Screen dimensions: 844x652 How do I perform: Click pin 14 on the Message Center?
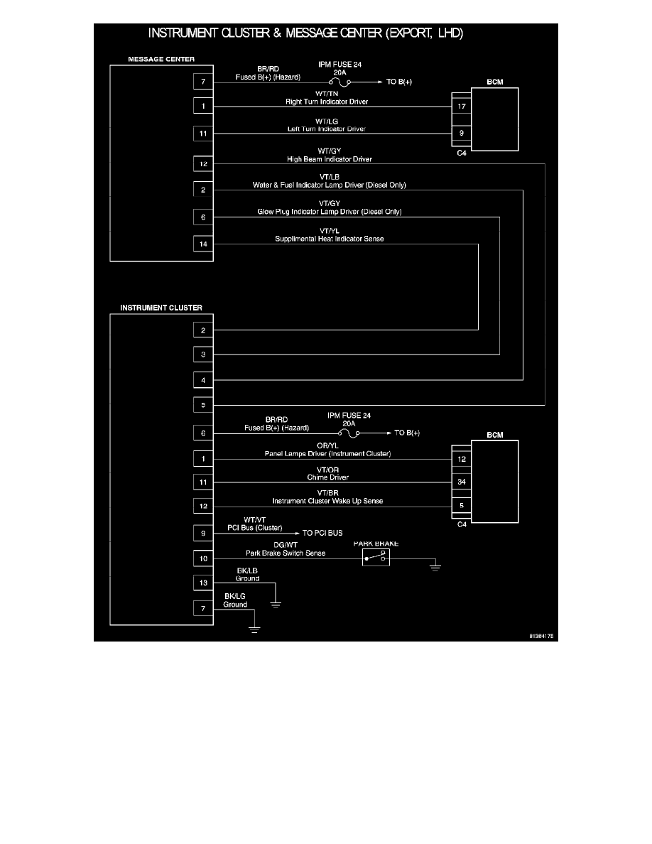[x=203, y=244]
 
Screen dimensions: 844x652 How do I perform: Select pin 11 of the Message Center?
[x=203, y=132]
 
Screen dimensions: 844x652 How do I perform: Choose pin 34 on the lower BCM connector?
[x=461, y=482]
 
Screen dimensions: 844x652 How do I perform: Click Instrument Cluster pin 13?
[x=203, y=583]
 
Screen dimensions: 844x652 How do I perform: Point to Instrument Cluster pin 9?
[x=203, y=532]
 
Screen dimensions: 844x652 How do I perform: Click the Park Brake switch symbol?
[x=376, y=558]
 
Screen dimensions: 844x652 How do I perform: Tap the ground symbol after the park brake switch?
[x=435, y=567]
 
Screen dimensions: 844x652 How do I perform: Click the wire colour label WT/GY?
[x=329, y=151]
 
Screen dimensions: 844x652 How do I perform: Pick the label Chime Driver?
[x=328, y=477]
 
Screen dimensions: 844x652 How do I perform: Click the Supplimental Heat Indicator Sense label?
[x=330, y=239]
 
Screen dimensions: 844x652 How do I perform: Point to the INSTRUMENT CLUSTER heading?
[x=161, y=308]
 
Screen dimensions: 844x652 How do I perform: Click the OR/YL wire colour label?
[x=328, y=445]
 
